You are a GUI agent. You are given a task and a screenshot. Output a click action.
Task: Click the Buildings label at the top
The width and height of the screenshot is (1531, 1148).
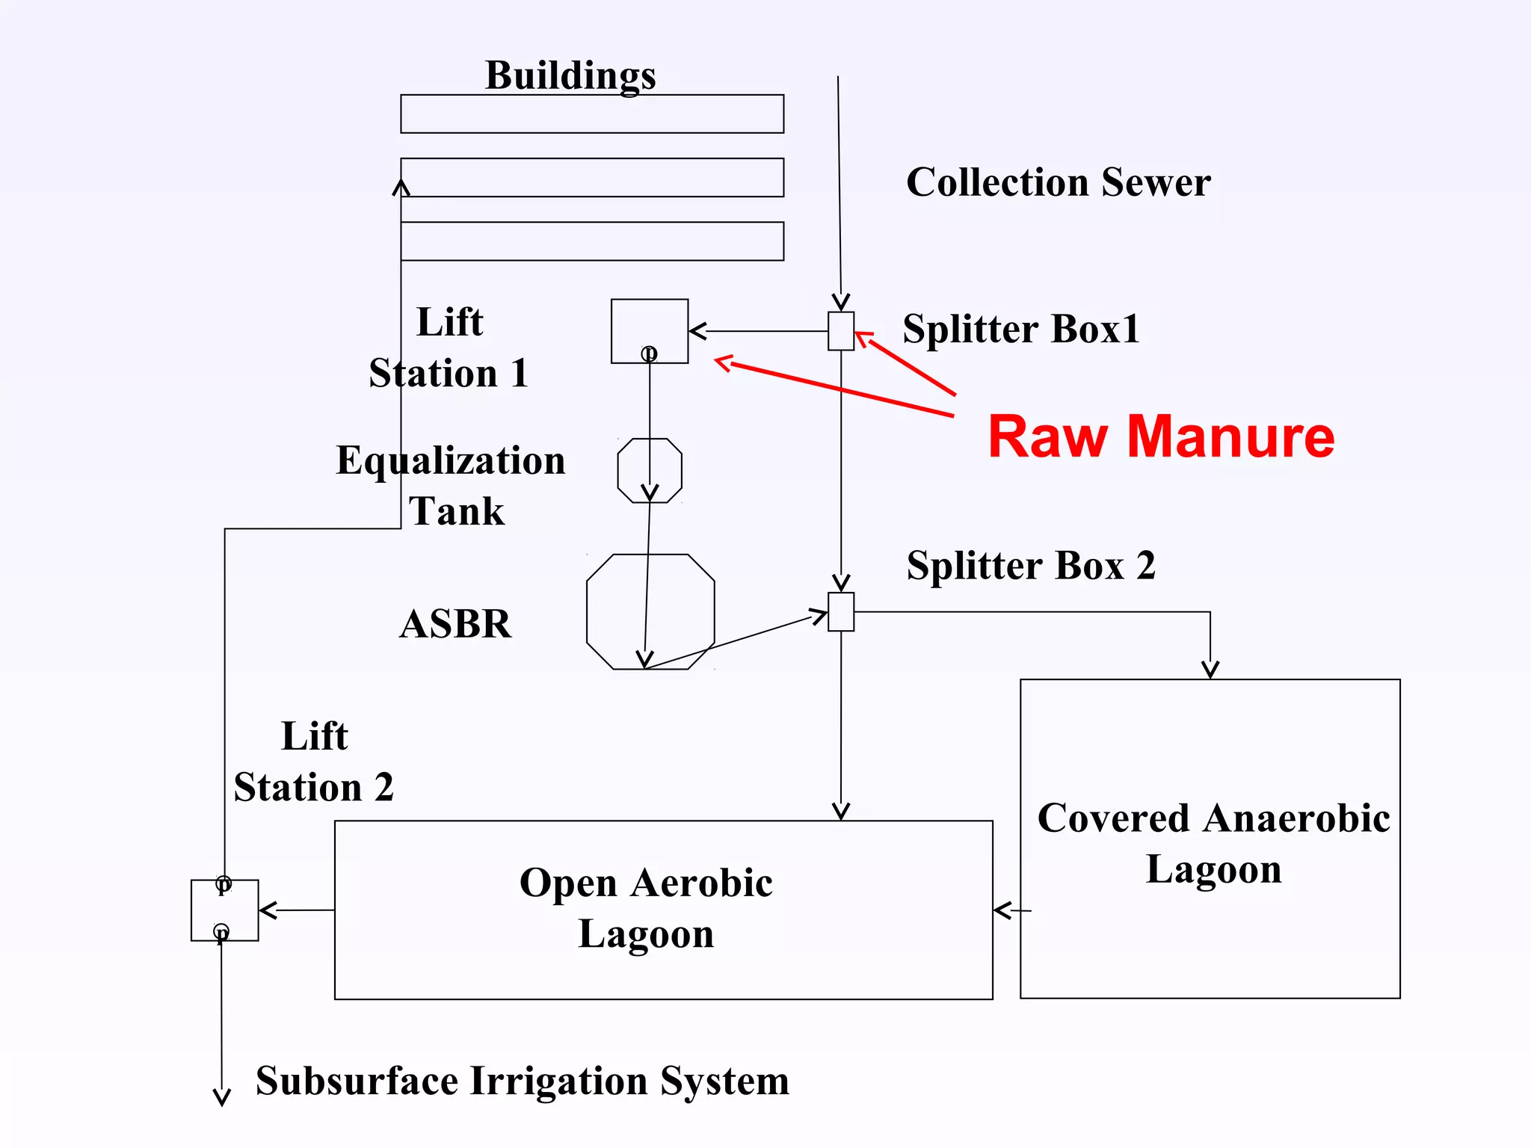[570, 75]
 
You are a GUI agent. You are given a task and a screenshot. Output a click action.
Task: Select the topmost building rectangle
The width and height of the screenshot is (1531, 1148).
[591, 114]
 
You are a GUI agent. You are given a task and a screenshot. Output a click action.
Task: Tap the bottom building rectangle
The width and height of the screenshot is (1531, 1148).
[591, 241]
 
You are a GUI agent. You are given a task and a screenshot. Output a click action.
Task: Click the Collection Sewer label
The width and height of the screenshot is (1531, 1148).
[1058, 182]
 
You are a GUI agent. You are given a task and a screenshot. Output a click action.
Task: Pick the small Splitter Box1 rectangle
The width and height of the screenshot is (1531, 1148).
[841, 331]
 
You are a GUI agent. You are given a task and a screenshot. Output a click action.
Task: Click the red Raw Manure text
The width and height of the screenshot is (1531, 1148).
[1160, 436]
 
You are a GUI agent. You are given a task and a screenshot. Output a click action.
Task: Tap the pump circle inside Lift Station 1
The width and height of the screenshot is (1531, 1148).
[649, 353]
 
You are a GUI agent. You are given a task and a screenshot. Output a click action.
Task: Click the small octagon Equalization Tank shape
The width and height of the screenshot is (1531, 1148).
[649, 470]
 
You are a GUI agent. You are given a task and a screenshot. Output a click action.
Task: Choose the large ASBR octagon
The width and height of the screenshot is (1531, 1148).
[650, 611]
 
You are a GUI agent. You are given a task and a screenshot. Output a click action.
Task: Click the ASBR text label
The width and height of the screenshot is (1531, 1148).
[455, 623]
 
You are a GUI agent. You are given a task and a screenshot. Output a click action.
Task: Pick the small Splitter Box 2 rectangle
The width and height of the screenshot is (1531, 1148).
[841, 611]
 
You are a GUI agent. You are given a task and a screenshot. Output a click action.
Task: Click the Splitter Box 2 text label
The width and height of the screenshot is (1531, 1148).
[1031, 565]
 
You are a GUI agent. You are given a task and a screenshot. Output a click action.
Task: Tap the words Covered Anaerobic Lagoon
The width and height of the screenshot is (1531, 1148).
[1213, 843]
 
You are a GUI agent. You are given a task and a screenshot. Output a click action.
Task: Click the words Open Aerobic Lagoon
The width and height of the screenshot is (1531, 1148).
[646, 907]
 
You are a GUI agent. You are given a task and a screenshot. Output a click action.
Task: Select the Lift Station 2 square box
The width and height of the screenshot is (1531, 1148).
[224, 910]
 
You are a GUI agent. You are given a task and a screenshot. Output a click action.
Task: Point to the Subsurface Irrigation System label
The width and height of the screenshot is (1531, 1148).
[522, 1081]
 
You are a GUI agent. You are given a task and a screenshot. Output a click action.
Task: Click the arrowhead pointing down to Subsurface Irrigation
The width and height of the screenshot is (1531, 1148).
[222, 1097]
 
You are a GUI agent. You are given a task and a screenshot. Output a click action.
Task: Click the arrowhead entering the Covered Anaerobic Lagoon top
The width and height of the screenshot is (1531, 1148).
[1210, 670]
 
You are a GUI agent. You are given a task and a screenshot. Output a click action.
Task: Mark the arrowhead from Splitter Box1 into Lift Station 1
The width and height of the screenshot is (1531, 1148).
[697, 331]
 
